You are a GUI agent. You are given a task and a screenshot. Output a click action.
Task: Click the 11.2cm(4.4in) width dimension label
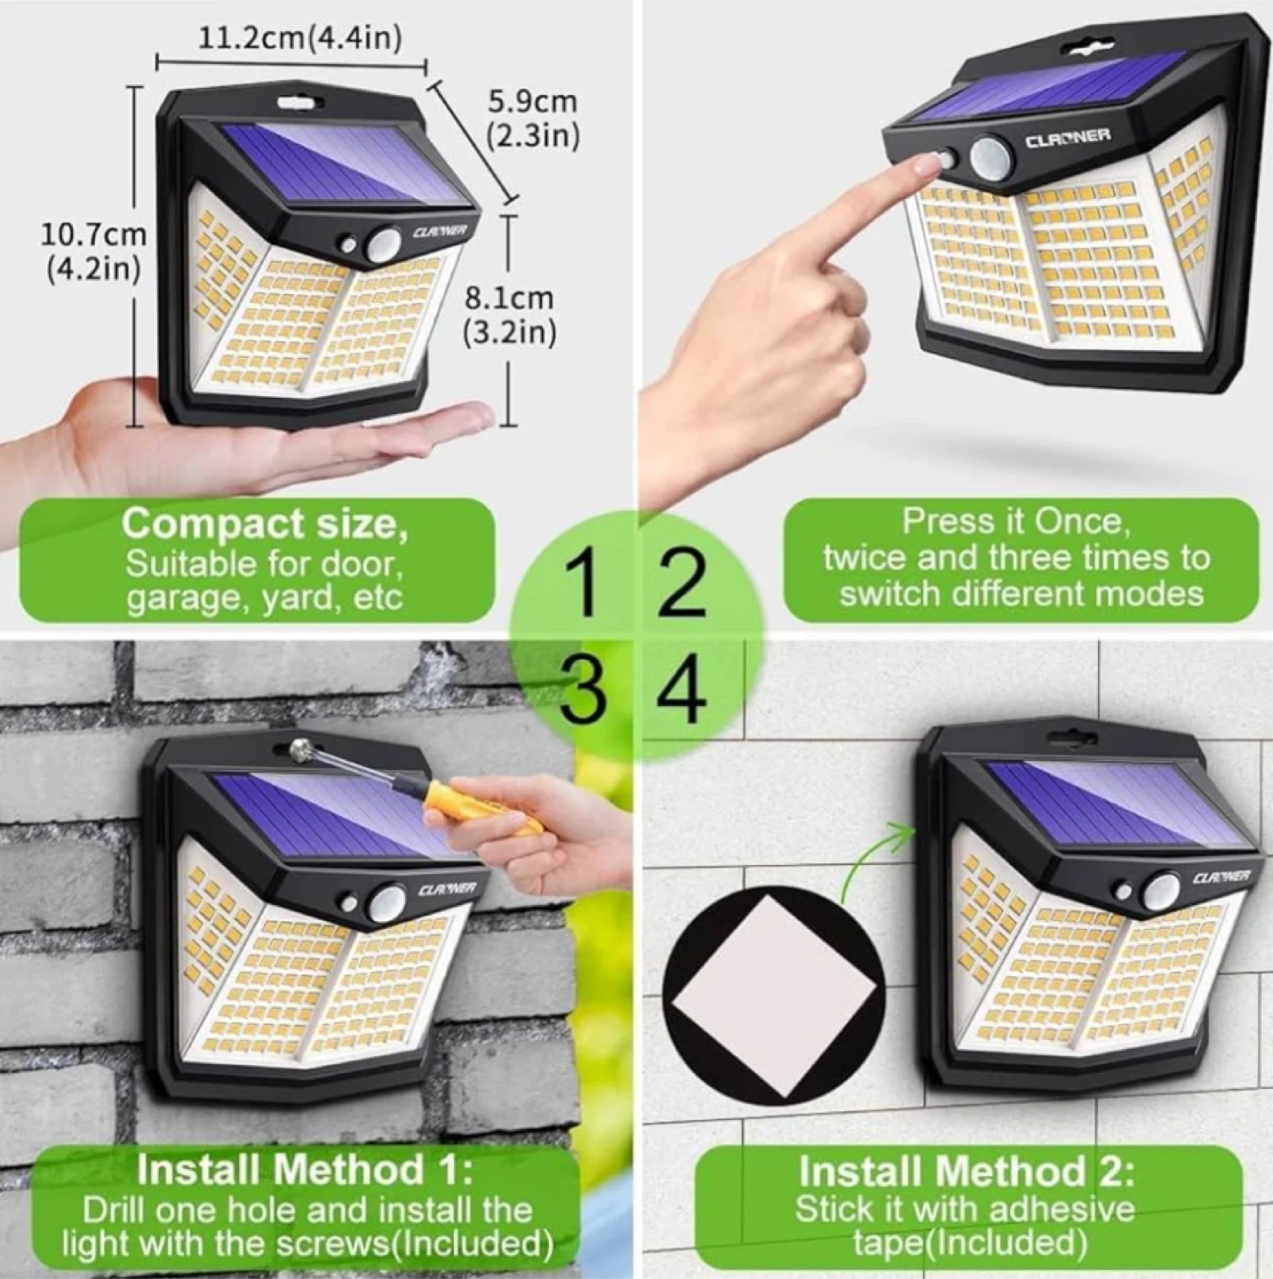[x=300, y=39]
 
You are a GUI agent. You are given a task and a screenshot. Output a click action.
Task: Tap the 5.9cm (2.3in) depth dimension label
[x=533, y=120]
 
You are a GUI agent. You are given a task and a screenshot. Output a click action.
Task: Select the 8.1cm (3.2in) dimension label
[x=509, y=315]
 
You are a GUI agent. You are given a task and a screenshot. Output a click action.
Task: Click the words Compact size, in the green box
[x=265, y=524]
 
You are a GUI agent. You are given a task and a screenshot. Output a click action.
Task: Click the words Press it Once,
[x=1015, y=521]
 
